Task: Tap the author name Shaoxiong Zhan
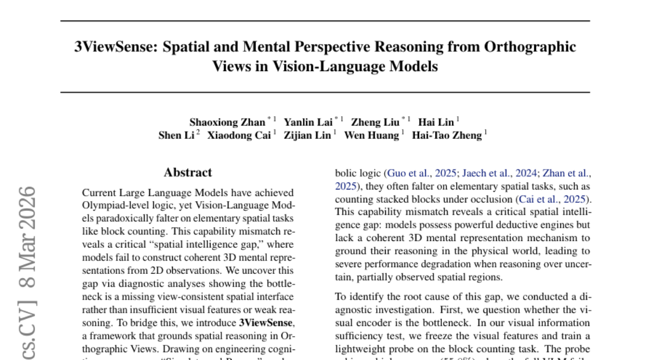tap(227, 122)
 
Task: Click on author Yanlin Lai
tap(308, 122)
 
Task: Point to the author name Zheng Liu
tap(375, 122)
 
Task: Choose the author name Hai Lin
tap(436, 122)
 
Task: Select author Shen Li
tap(176, 136)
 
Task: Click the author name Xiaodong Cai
tap(238, 136)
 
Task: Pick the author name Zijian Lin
tap(307, 136)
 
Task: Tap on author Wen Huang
tap(371, 136)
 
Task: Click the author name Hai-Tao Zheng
tap(446, 136)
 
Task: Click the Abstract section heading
tap(188, 173)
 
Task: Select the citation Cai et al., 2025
tap(554, 199)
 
